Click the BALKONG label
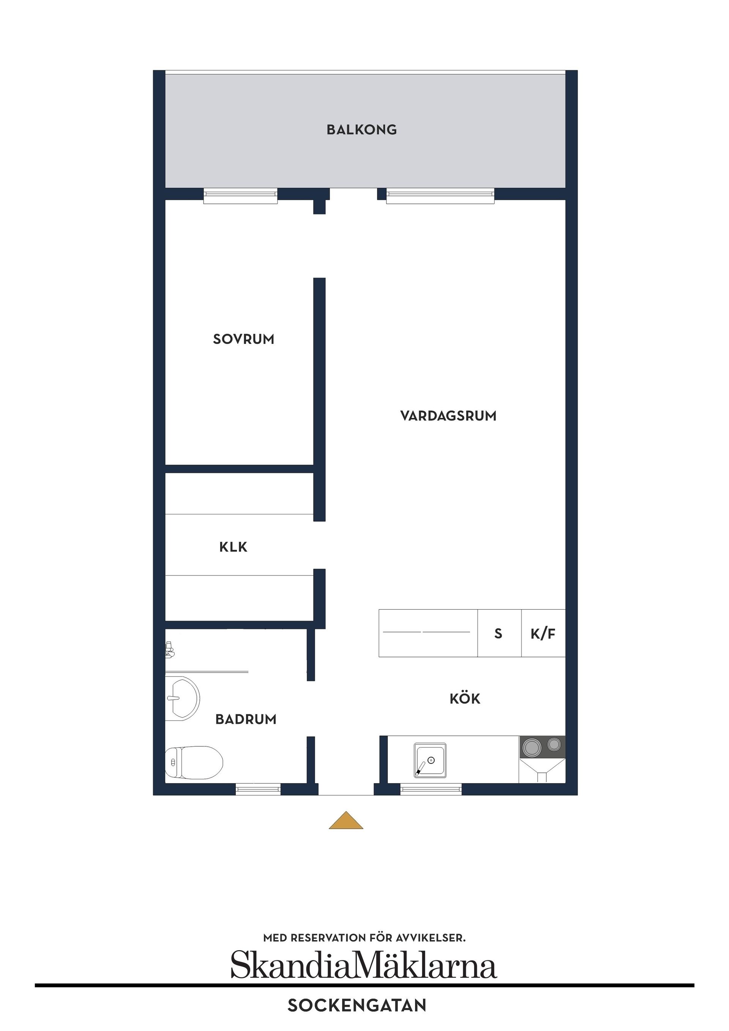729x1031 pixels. coord(361,130)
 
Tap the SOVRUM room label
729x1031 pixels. coord(243,339)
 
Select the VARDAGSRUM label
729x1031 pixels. coord(448,416)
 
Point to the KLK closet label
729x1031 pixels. coord(233,547)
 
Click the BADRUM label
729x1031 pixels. coord(246,719)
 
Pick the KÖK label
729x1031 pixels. coord(465,699)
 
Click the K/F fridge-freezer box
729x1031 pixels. coord(543,634)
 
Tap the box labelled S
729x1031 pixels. coord(499,634)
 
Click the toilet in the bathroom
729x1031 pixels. coord(194,763)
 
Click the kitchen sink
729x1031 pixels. coord(430,760)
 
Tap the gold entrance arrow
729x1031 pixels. coord(346,820)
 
